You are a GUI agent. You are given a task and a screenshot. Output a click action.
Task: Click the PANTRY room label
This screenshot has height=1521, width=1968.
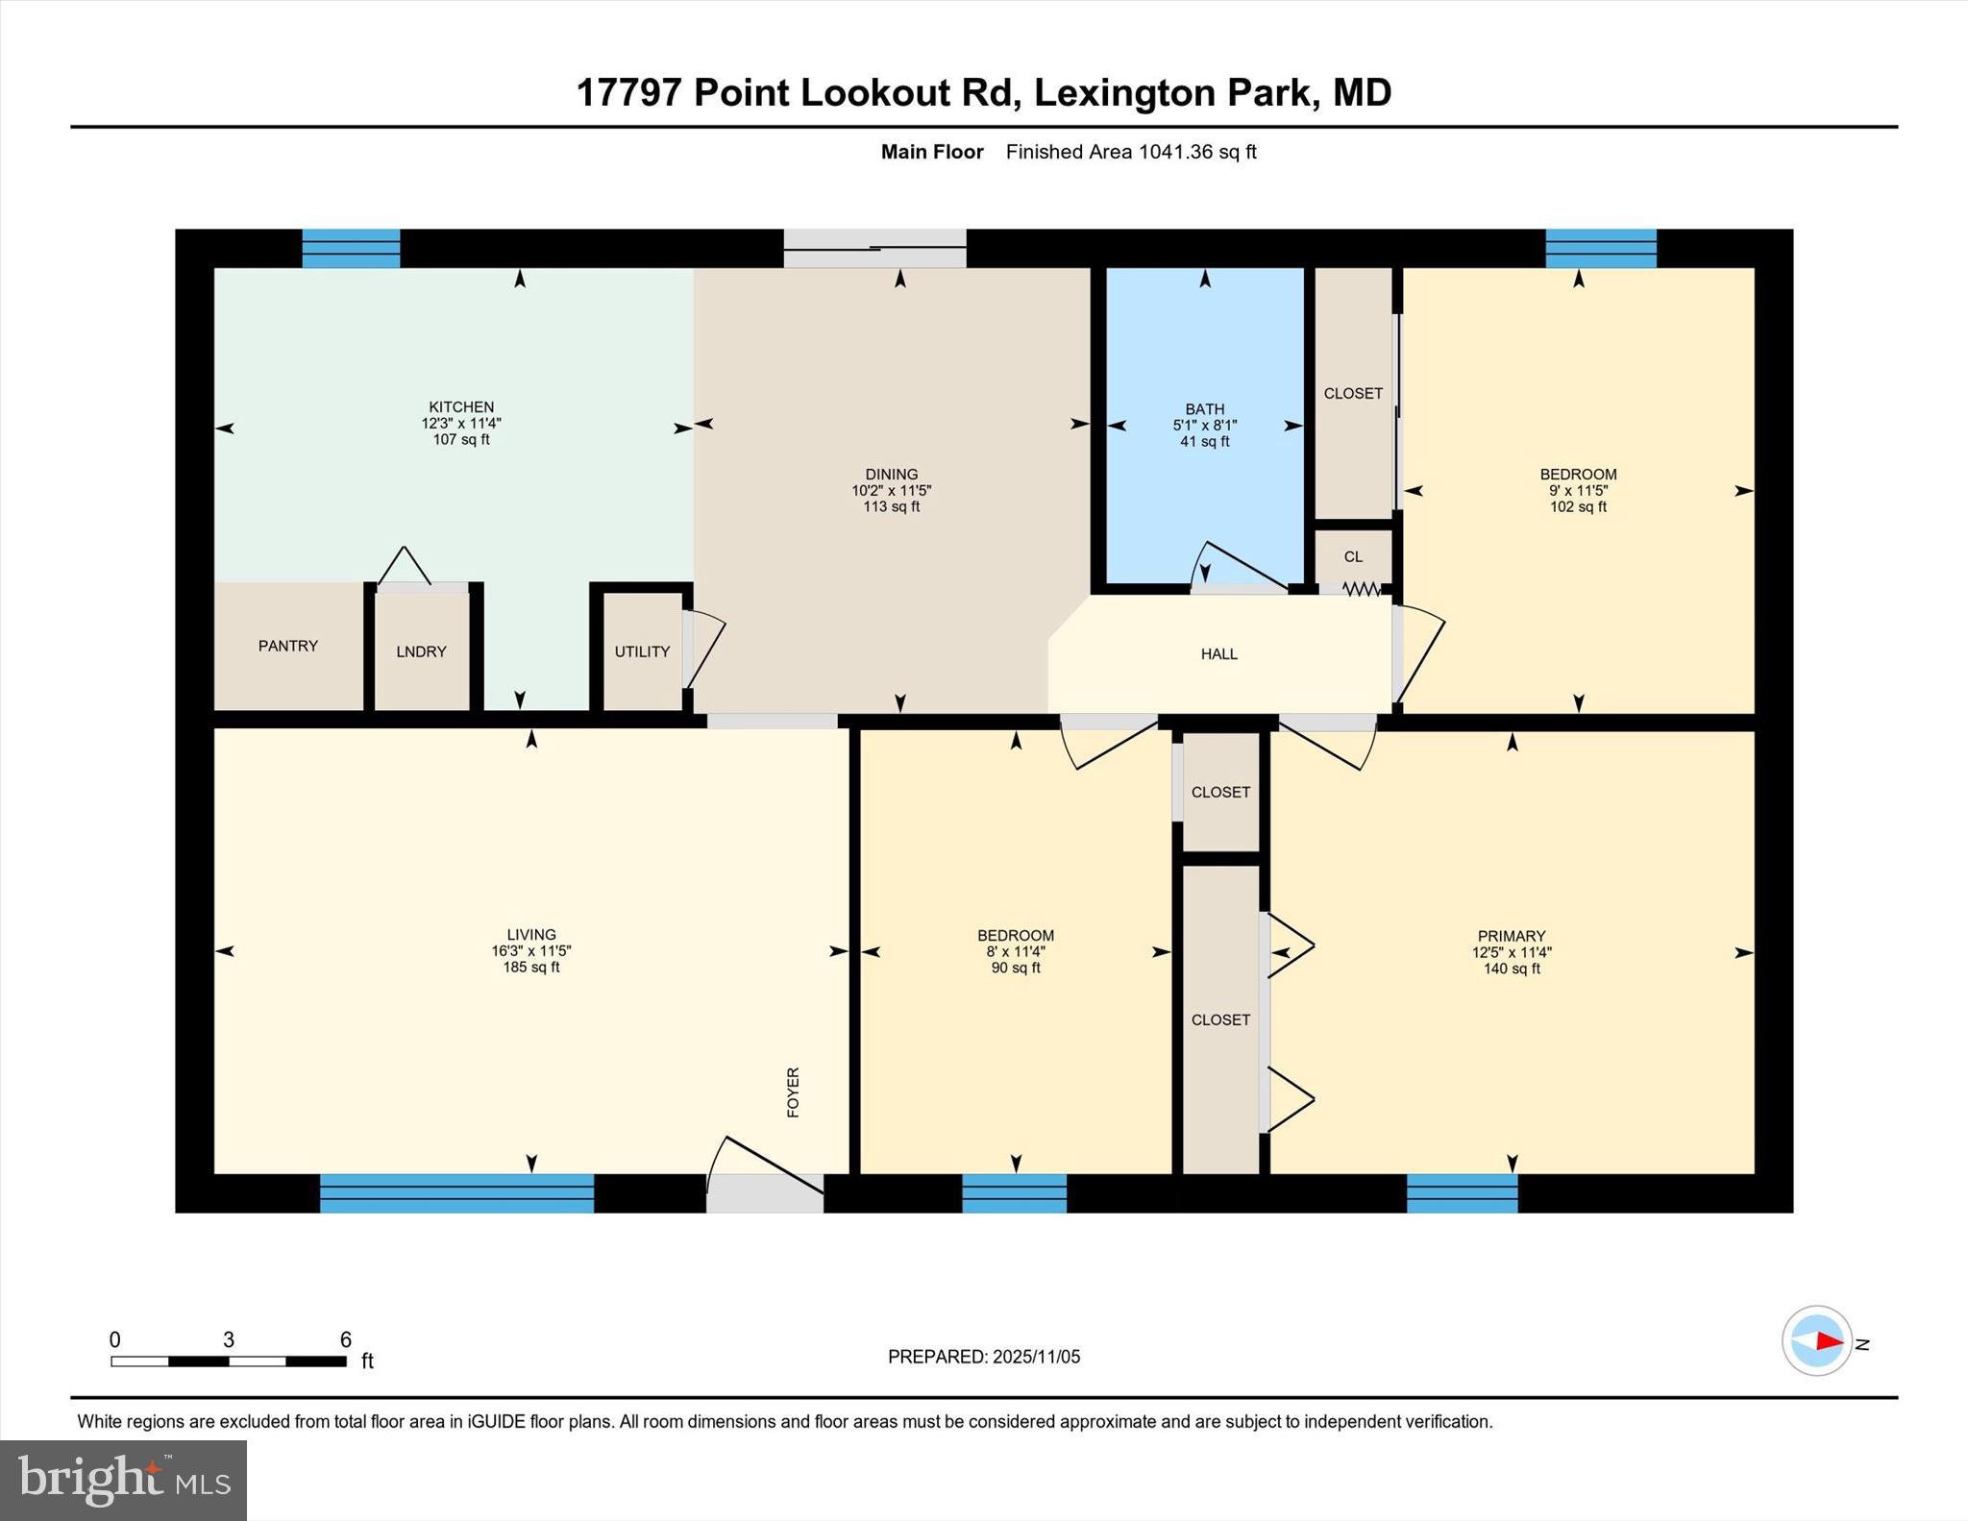pyautogui.click(x=287, y=646)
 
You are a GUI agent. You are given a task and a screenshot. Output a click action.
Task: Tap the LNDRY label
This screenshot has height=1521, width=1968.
pyautogui.click(x=421, y=651)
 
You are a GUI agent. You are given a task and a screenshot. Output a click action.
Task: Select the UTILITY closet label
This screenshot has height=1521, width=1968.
pyautogui.click(x=642, y=651)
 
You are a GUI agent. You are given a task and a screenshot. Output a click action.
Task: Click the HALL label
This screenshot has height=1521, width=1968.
pyautogui.click(x=1218, y=654)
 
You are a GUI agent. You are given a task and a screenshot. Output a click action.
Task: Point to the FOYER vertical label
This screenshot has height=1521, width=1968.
pyautogui.click(x=793, y=1092)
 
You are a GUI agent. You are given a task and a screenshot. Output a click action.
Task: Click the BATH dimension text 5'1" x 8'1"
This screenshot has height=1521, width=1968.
pyautogui.click(x=1204, y=425)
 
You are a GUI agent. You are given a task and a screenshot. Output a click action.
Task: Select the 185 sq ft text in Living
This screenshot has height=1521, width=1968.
pyautogui.click(x=530, y=968)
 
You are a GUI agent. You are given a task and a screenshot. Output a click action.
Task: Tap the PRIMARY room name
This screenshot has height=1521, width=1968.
pyautogui.click(x=1511, y=936)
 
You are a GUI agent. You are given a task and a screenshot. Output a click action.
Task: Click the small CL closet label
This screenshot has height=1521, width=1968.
pyautogui.click(x=1353, y=557)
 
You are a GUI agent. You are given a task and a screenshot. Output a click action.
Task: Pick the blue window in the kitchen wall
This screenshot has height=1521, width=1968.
pyautogui.click(x=351, y=248)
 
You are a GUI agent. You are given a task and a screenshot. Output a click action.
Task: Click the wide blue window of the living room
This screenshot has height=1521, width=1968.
pyautogui.click(x=456, y=1192)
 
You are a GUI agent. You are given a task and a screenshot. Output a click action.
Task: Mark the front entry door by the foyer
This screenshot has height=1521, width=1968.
pyautogui.click(x=765, y=1191)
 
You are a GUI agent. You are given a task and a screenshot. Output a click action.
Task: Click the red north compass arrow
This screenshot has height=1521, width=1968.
pyautogui.click(x=1828, y=1340)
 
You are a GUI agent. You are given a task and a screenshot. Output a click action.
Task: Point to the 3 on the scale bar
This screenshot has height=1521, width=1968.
pyautogui.click(x=229, y=1339)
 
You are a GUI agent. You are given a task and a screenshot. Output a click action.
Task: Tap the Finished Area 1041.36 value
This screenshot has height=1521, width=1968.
pyautogui.click(x=1175, y=152)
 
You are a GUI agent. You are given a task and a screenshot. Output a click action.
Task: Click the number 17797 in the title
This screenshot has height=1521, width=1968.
pyautogui.click(x=628, y=93)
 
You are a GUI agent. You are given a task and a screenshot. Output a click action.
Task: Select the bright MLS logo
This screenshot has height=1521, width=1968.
pyautogui.click(x=123, y=1480)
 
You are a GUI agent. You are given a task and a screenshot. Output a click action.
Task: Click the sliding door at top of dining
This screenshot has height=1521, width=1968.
pyautogui.click(x=874, y=248)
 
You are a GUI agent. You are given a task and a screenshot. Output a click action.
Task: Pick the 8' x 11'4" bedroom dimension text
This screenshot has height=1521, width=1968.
pyautogui.click(x=1016, y=952)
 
